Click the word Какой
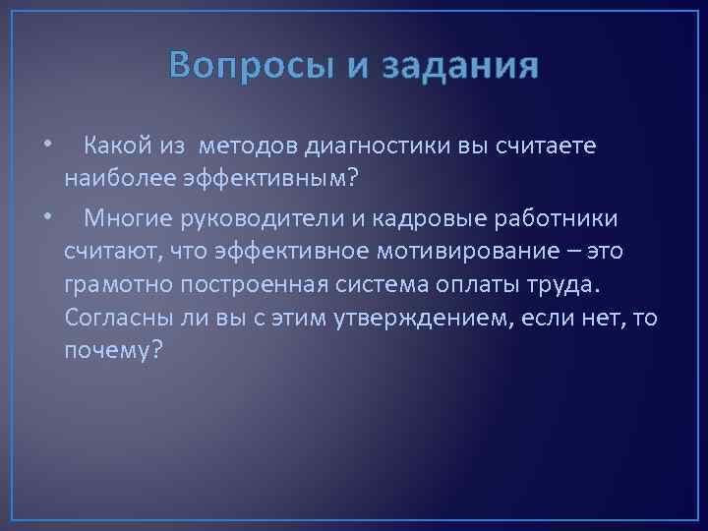pos(116,147)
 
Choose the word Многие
pos(126,216)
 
